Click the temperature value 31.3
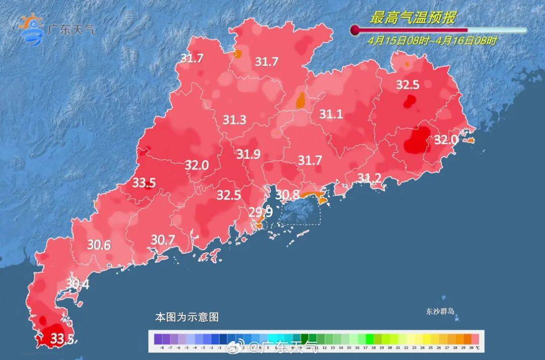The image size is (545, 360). (234, 120)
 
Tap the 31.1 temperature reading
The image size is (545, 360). (331, 115)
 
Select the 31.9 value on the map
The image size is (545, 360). (248, 155)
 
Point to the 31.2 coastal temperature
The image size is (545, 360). (369, 177)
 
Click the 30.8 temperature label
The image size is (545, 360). (287, 194)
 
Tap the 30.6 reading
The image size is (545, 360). (99, 245)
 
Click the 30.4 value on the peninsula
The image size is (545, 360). (77, 285)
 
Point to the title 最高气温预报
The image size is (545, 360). (413, 19)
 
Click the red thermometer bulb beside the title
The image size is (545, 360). (355, 30)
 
